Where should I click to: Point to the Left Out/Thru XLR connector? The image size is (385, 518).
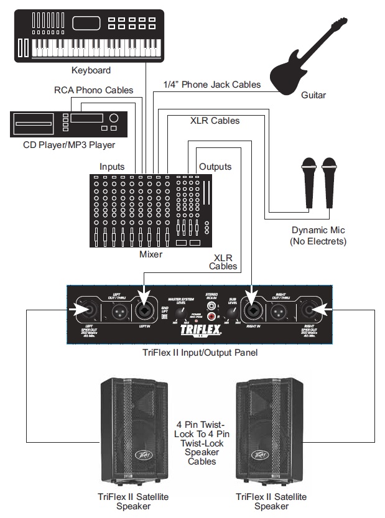click(116, 308)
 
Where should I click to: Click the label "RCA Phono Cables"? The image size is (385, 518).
click(93, 90)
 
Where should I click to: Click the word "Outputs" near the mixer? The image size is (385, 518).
click(215, 167)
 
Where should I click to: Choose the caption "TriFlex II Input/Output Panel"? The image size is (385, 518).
click(200, 353)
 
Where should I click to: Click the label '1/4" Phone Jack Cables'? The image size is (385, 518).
click(212, 84)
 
